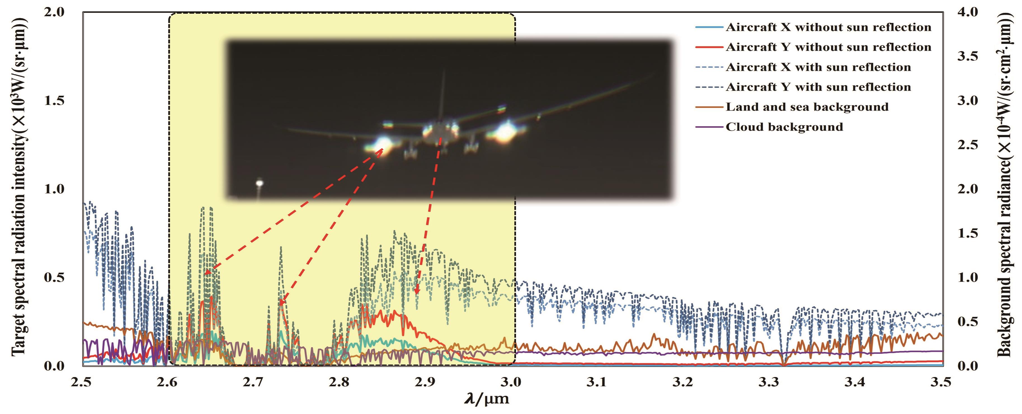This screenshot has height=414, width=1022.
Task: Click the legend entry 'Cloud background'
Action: (784, 127)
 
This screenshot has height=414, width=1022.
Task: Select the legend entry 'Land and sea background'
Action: (807, 107)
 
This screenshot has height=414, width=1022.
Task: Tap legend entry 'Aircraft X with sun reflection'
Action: (818, 67)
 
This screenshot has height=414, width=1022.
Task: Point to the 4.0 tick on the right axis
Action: (967, 12)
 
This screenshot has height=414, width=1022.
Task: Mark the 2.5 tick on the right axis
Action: (967, 145)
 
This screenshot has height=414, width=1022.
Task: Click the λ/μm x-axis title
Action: (487, 398)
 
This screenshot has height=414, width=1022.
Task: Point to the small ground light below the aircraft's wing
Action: (260, 183)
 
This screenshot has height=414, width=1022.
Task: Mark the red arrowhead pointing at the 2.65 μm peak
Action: (207, 272)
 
